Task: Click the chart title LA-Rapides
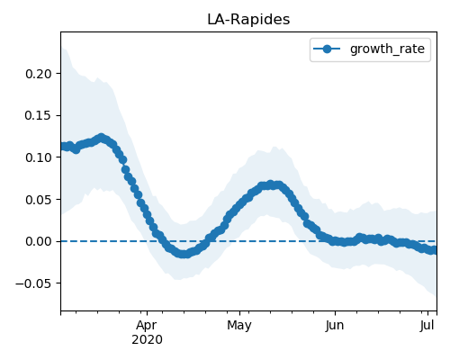[x=248, y=20]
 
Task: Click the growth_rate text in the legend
[x=387, y=49]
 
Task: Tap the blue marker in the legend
[x=327, y=49]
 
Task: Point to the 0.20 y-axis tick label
[x=39, y=74]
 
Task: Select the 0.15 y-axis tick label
[x=39, y=115]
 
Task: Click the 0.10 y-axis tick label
[x=39, y=157]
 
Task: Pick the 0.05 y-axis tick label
[x=39, y=200]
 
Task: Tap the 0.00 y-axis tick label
[x=39, y=241]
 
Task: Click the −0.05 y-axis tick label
[x=34, y=283]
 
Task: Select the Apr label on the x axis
[x=147, y=326]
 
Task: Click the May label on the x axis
[x=239, y=326]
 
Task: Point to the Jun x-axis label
[x=335, y=326]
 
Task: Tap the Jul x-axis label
[x=427, y=326]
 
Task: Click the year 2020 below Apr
[x=147, y=340]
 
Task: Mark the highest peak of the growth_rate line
[x=102, y=138]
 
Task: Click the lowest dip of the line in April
[x=184, y=254]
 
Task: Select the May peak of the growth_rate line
[x=271, y=184]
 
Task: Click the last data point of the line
[x=435, y=250]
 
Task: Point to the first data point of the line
[x=63, y=146]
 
